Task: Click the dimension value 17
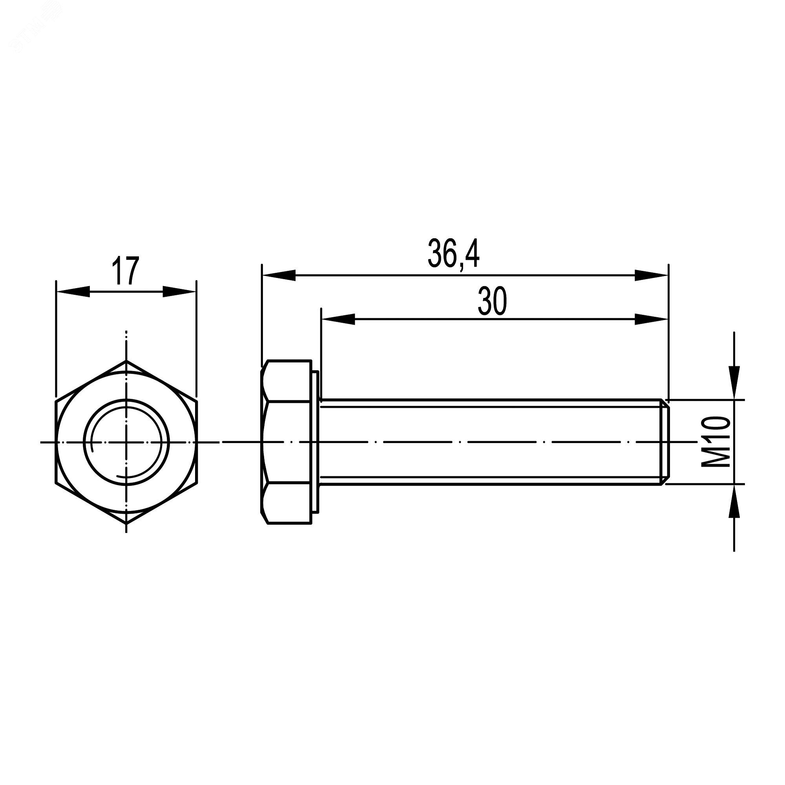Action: pos(126,270)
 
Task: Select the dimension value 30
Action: pos(492,301)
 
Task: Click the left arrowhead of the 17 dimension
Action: pos(73,291)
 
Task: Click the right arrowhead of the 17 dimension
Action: pos(179,291)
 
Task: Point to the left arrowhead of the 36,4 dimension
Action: pos(279,275)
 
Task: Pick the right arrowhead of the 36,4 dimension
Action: pos(651,275)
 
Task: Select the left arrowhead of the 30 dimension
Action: pos(338,319)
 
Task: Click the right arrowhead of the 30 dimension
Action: pos(651,319)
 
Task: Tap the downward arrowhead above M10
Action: pos(734,382)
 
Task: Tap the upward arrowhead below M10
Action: pos(734,502)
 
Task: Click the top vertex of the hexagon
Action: pos(126,360)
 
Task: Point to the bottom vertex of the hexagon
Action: pos(126,523)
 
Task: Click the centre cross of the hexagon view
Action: pos(126,442)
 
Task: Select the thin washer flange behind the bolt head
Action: pos(315,442)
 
